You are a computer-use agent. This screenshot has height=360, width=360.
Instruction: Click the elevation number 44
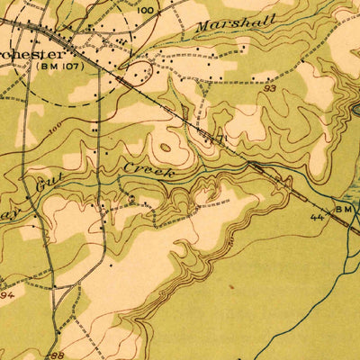point(318,217)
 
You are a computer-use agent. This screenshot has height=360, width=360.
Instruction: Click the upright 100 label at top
point(146,9)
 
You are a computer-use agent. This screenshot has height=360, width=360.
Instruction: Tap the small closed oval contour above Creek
point(166,146)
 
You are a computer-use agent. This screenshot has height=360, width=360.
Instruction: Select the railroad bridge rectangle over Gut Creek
point(259,167)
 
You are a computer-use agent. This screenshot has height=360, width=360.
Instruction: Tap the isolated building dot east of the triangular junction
point(111,266)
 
